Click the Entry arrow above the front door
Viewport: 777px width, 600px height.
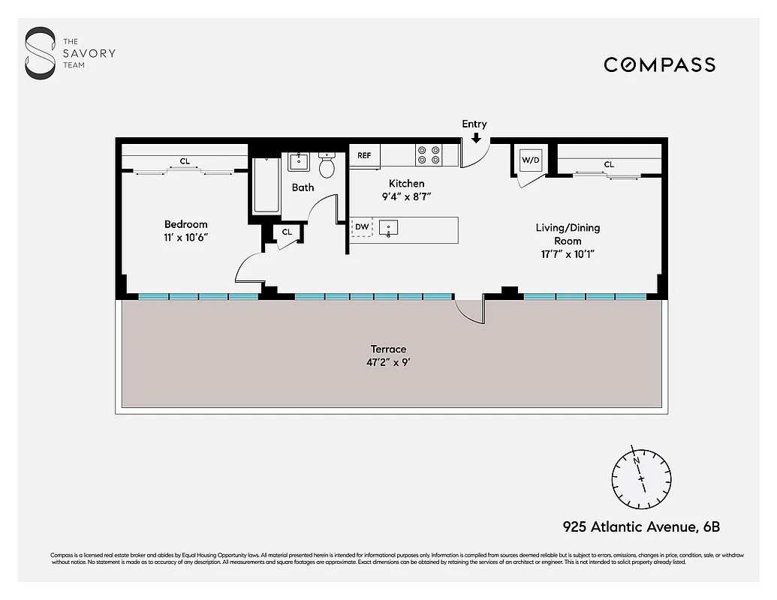pyautogui.click(x=475, y=137)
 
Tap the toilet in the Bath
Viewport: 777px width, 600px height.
pyautogui.click(x=327, y=166)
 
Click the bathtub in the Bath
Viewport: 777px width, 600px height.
pyautogui.click(x=266, y=186)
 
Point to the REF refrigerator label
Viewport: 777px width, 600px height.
pyautogui.click(x=364, y=156)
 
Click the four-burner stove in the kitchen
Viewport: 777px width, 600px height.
pyautogui.click(x=429, y=154)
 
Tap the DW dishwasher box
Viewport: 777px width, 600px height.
pyautogui.click(x=362, y=226)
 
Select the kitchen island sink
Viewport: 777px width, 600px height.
pyautogui.click(x=388, y=226)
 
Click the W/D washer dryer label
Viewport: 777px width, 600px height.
pyautogui.click(x=530, y=160)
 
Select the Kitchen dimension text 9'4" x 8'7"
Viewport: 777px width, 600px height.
pyautogui.click(x=406, y=196)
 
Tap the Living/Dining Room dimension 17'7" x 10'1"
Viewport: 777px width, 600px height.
pyautogui.click(x=568, y=254)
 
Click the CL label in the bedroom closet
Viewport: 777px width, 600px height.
pyautogui.click(x=184, y=160)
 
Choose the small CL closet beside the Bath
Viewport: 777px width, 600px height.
pyautogui.click(x=286, y=232)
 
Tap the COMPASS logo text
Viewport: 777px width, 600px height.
pyautogui.click(x=659, y=65)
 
